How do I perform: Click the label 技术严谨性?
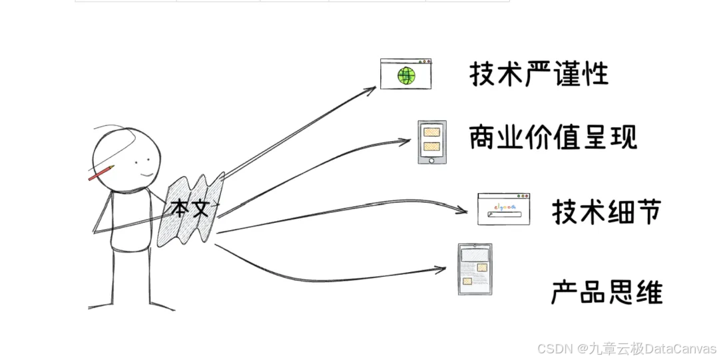click(x=539, y=74)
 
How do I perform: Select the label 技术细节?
click(x=606, y=212)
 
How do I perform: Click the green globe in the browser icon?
click(x=406, y=75)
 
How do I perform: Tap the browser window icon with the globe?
click(x=406, y=73)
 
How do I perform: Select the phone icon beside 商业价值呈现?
click(x=432, y=142)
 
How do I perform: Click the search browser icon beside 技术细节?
click(x=504, y=208)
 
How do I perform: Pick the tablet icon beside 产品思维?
click(x=475, y=269)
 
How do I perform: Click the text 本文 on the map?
click(x=190, y=208)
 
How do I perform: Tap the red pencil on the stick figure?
click(x=101, y=172)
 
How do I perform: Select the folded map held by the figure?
click(x=190, y=210)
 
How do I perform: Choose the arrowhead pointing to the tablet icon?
click(x=441, y=269)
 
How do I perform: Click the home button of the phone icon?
click(x=431, y=160)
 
